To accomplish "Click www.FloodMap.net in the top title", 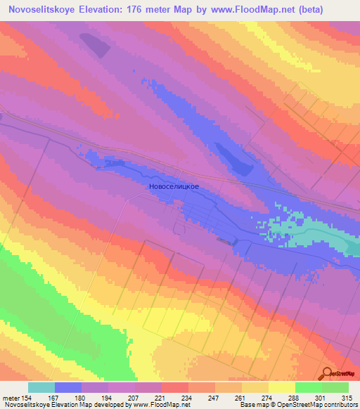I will tap(245, 10).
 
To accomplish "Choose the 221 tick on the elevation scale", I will tap(162, 398).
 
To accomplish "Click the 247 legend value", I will tap(215, 398).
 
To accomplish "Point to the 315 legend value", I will tap(347, 398).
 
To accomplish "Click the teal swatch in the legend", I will tap(41, 387).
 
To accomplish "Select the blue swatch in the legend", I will tap(68, 387).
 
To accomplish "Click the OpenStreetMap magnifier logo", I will tap(327, 374).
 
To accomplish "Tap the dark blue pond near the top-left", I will tap(96, 46).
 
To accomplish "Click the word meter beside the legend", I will tap(11, 398).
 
